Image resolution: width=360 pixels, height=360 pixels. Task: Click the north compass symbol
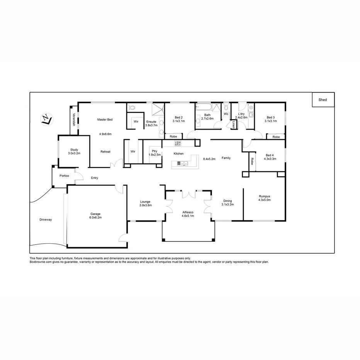(46, 119)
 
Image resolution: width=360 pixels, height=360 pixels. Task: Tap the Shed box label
(323, 100)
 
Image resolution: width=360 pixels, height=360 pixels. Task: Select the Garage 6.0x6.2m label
(95, 216)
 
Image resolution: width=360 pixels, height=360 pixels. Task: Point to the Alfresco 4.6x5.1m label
(188, 214)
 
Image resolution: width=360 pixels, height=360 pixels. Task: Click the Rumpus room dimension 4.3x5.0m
(265, 200)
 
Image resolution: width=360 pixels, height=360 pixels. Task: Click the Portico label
(64, 176)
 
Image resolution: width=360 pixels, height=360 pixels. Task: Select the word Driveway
(46, 219)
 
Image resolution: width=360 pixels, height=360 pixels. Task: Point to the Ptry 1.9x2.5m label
(154, 153)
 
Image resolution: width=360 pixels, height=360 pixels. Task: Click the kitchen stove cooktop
(178, 143)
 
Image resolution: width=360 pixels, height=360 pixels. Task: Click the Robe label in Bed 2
(173, 136)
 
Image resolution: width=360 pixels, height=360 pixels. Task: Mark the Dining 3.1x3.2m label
(228, 203)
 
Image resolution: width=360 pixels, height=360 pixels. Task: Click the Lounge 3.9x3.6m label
(145, 203)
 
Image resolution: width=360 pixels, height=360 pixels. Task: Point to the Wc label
(226, 114)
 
